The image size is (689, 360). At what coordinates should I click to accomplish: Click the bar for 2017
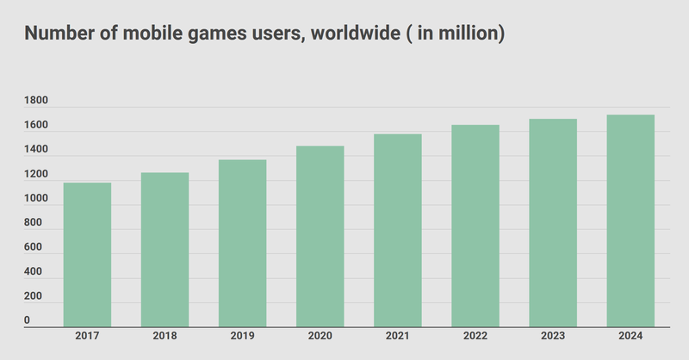pyautogui.click(x=87, y=255)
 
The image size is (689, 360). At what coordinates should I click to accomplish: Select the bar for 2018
pyautogui.click(x=164, y=250)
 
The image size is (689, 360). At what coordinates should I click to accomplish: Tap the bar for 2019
pyautogui.click(x=242, y=244)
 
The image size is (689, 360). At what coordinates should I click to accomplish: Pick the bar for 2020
pyautogui.click(x=320, y=237)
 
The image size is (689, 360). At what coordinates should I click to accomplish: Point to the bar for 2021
pyautogui.click(x=398, y=231)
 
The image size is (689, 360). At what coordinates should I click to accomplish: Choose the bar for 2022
pyautogui.click(x=475, y=227)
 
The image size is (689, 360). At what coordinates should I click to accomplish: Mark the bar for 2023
pyautogui.click(x=553, y=223)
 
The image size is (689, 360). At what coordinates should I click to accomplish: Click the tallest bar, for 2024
pyautogui.click(x=630, y=221)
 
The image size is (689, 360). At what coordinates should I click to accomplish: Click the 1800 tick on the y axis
pyautogui.click(x=36, y=102)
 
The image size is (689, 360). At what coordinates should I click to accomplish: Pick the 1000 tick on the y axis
pyautogui.click(x=36, y=199)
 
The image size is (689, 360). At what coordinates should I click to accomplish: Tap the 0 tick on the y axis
pyautogui.click(x=28, y=320)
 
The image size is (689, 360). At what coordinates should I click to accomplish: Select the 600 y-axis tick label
pyautogui.click(x=33, y=248)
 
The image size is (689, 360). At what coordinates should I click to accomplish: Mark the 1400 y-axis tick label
pyautogui.click(x=36, y=151)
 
